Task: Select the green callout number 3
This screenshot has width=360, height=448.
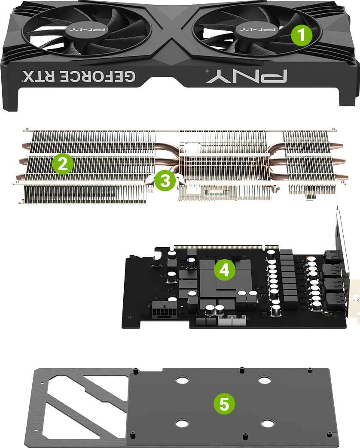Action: point(165,181)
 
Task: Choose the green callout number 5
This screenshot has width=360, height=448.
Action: point(224,403)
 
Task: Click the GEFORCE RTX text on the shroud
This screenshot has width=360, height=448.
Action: point(79,76)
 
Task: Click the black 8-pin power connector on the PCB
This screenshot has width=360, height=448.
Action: point(163,309)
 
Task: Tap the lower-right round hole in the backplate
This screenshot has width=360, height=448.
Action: point(268,424)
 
